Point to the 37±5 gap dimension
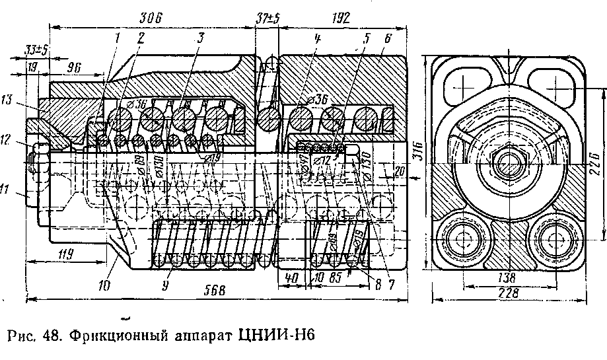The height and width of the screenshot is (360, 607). click(268, 18)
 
